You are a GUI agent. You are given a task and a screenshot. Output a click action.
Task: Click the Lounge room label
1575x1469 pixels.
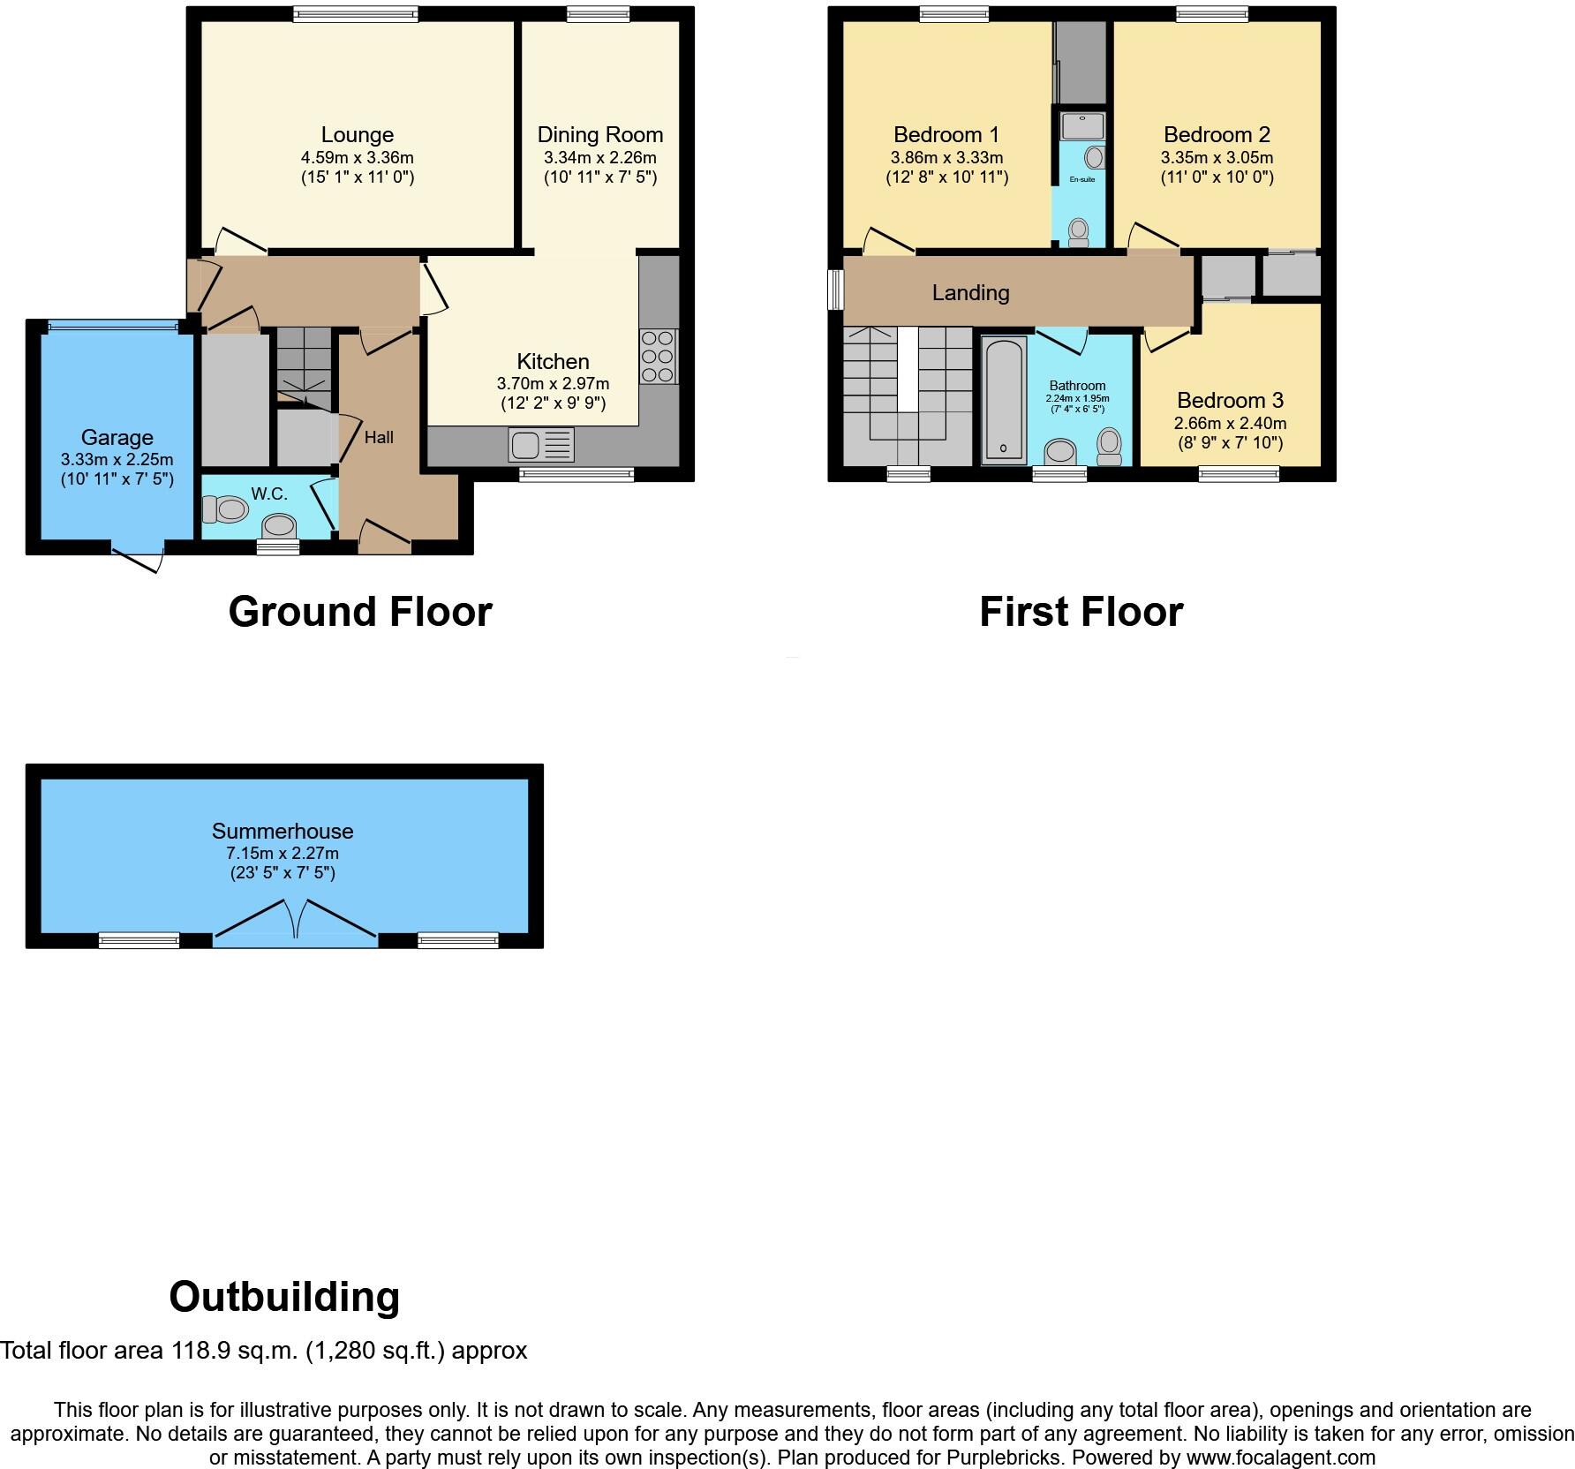(357, 135)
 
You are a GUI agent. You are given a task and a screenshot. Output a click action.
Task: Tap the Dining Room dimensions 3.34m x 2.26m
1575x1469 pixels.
(599, 158)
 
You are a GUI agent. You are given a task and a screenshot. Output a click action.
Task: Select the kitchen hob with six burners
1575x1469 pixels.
(659, 357)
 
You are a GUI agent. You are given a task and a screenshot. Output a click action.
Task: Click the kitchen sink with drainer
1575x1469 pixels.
(540, 445)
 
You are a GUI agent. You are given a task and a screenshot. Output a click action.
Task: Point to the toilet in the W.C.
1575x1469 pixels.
(225, 508)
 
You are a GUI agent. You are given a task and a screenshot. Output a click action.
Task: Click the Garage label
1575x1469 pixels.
(117, 438)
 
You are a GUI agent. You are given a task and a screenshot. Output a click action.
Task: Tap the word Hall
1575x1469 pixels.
(379, 437)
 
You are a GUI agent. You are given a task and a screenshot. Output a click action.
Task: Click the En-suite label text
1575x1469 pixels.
(1081, 180)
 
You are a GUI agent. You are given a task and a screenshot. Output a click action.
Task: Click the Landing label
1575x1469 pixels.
(970, 293)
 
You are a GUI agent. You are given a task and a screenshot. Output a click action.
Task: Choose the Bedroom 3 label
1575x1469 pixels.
(1230, 401)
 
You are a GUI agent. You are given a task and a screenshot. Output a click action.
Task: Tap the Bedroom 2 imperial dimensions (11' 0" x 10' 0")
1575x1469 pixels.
(1217, 177)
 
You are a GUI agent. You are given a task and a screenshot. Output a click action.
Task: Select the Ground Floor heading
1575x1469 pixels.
(359, 612)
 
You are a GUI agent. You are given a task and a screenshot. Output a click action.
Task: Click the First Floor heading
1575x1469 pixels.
(1081, 612)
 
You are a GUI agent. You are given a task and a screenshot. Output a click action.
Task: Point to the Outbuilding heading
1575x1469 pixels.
(284, 1297)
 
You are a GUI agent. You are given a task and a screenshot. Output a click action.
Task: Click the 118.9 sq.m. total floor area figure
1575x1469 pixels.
(234, 1351)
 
